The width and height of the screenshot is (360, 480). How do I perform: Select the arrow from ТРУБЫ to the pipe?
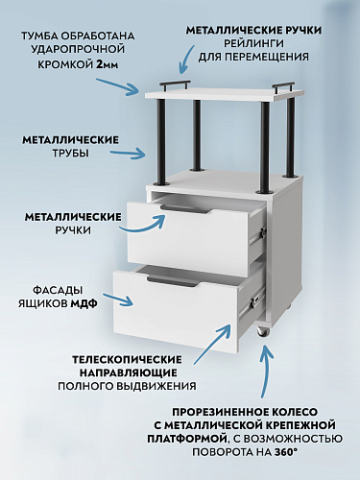(136, 156)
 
